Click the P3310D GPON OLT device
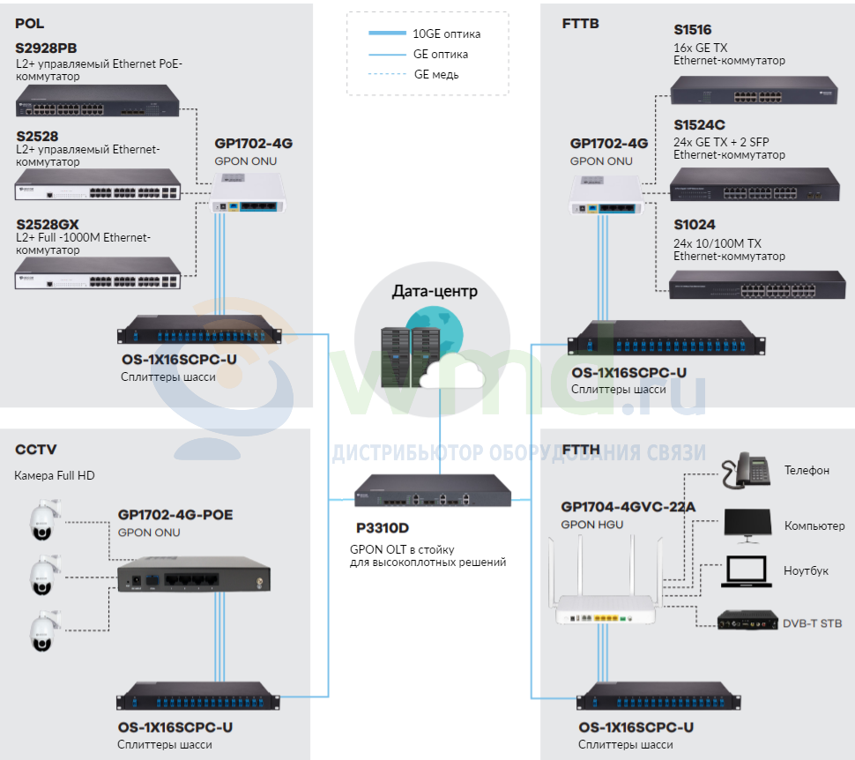click(433, 490)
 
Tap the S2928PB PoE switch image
click(97, 101)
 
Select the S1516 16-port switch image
click(755, 91)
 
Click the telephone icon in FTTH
click(746, 470)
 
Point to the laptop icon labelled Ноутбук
click(747, 571)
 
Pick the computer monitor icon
click(748, 525)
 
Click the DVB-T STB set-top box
click(747, 620)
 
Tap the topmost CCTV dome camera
click(43, 520)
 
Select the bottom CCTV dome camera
click(43, 630)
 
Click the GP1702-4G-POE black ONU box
click(194, 575)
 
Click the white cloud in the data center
click(452, 372)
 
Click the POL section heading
click(29, 24)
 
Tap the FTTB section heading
click(580, 24)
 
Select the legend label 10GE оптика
click(447, 34)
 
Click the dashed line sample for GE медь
click(387, 74)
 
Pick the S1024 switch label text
click(695, 224)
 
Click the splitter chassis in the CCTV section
click(198, 696)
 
